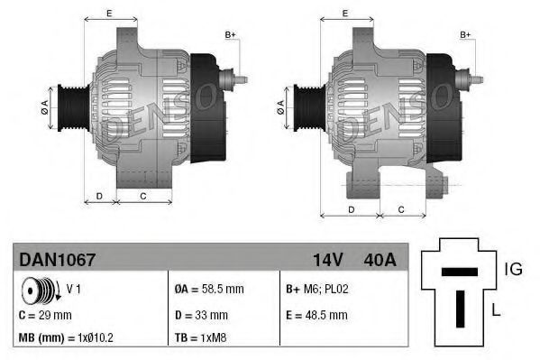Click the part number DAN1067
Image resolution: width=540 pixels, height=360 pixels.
pyautogui.click(x=57, y=259)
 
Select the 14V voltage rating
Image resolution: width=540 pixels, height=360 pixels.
pyautogui.click(x=328, y=260)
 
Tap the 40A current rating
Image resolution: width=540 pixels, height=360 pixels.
pyautogui.click(x=380, y=260)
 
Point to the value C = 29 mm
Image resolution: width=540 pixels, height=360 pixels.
pyautogui.click(x=45, y=315)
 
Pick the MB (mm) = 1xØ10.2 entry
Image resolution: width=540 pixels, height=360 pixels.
pyautogui.click(x=66, y=337)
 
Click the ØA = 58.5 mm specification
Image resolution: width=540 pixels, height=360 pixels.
pyautogui.click(x=209, y=289)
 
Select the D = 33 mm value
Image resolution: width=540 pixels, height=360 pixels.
pyautogui.click(x=201, y=315)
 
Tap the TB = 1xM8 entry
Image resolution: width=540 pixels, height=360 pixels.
pyautogui.click(x=200, y=337)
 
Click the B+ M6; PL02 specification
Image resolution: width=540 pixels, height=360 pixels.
pyautogui.click(x=317, y=289)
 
